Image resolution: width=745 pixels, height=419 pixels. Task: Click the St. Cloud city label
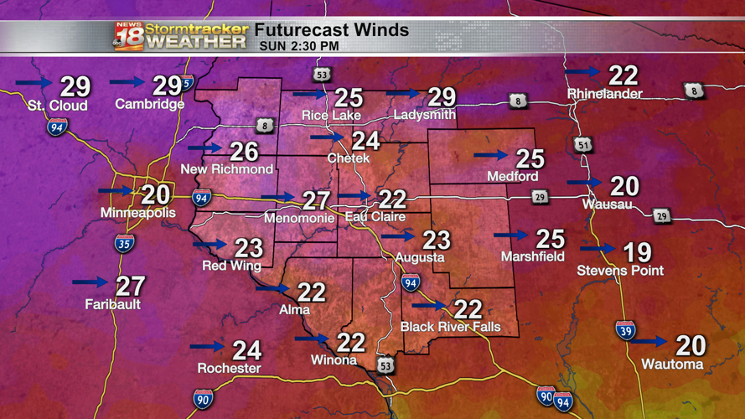tap(57, 106)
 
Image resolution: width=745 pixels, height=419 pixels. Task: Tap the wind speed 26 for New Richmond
tap(244, 151)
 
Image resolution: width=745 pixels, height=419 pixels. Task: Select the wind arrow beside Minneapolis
tap(116, 191)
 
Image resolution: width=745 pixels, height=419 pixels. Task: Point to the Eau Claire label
tap(375, 217)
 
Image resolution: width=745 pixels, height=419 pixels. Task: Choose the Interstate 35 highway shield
tap(124, 244)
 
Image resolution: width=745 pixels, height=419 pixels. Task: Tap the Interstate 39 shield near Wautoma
tap(625, 329)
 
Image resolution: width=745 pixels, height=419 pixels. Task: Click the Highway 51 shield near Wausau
tap(583, 144)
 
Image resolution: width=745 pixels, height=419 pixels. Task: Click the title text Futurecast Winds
tap(332, 30)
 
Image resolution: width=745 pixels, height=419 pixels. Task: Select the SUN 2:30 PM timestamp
tap(299, 46)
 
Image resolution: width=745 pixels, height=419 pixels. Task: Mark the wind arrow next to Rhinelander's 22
tap(583, 72)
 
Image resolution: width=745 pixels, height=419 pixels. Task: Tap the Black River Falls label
tap(450, 327)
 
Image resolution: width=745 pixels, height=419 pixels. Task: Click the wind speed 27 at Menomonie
tap(316, 199)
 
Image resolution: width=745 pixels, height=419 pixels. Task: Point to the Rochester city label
tap(229, 369)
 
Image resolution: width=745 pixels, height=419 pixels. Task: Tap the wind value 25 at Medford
tap(530, 158)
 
